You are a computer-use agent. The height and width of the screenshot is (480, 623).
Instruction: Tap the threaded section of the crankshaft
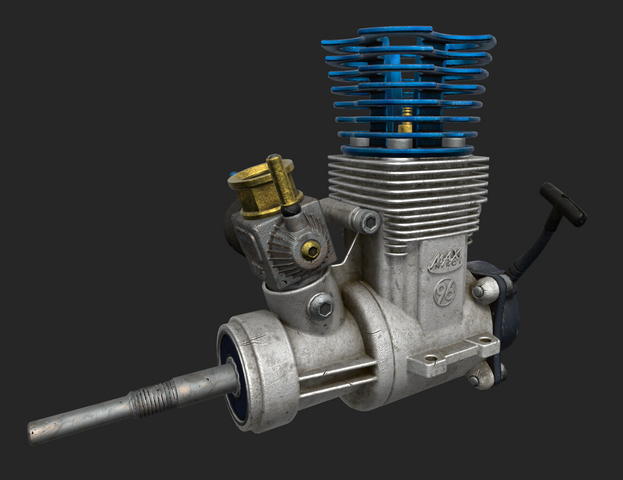152,399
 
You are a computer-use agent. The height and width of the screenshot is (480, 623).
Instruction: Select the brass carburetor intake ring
259,190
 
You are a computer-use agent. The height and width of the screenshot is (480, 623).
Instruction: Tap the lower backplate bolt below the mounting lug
477,379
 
